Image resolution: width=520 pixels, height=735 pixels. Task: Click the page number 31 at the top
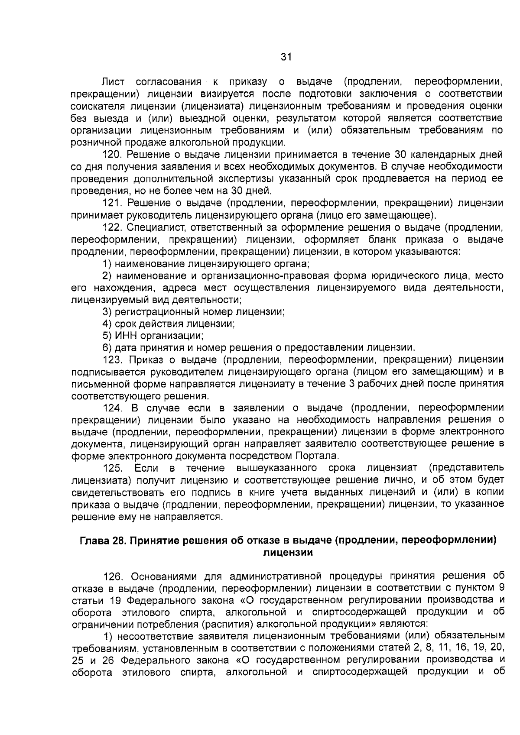point(286,57)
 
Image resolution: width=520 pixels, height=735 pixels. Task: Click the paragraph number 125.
point(112,468)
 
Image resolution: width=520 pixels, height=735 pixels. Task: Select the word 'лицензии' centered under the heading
point(288,552)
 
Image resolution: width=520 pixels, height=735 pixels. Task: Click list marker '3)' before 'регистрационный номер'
point(107,311)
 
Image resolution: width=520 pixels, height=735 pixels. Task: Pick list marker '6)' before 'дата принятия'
point(107,347)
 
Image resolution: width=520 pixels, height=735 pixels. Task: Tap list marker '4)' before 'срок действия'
point(107,324)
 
